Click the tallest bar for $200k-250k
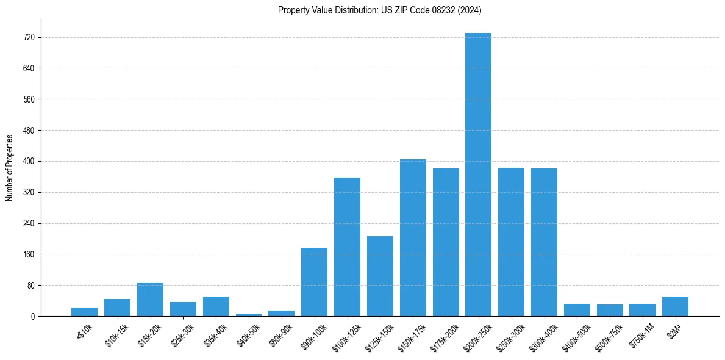478,175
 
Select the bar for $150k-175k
413,238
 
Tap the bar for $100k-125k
347,247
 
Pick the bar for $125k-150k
380,276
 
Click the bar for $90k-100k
314,282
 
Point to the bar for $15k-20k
150,300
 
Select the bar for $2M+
675,306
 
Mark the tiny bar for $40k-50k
249,315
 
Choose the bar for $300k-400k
544,242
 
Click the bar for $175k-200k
446,242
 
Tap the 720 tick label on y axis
29,38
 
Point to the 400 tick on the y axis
29,162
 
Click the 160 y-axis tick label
29,254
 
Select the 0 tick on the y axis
33,317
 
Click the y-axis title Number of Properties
10,168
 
